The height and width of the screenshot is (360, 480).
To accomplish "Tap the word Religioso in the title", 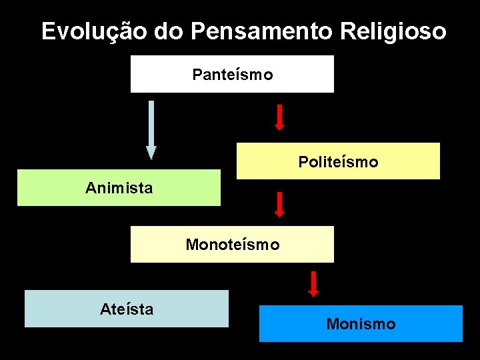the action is coord(393,31).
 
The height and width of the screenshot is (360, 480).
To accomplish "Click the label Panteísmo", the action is coord(232,75).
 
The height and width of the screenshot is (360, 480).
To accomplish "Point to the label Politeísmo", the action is coord(338,162).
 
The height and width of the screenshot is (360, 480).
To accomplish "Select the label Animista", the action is coord(119,188).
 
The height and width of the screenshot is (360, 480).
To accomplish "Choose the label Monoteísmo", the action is coord(232,245).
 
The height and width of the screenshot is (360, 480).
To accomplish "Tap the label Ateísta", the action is coord(127,309).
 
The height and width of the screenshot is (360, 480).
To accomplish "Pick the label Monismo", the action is coord(361,324).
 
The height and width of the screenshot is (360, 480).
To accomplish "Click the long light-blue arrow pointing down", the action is coord(151,127).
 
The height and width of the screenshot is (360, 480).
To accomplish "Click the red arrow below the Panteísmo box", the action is coord(280,117).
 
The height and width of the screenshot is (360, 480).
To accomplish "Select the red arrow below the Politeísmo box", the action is coord(280,204).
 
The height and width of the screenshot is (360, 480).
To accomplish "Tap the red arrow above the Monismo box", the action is coord(313,283).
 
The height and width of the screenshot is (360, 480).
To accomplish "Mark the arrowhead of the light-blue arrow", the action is coord(151,153).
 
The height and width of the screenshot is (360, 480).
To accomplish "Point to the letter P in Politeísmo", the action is coord(303,162).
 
